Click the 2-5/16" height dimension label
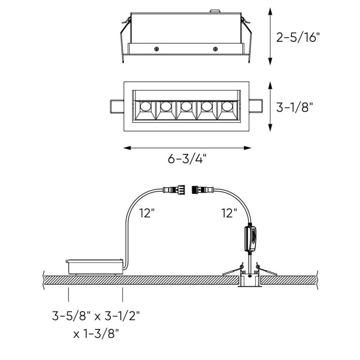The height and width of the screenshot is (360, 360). pyautogui.click(x=298, y=37)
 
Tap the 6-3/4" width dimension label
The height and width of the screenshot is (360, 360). pyautogui.click(x=187, y=158)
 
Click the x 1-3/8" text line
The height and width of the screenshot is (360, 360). pyautogui.click(x=96, y=334)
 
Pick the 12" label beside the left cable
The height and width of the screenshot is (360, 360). pyautogui.click(x=147, y=213)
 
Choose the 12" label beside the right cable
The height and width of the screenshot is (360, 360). pyautogui.click(x=229, y=213)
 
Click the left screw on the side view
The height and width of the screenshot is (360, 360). pyautogui.click(x=157, y=49)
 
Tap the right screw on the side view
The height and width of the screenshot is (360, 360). pyautogui.click(x=216, y=49)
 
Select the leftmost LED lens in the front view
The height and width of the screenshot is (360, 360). pyautogui.click(x=145, y=106)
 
